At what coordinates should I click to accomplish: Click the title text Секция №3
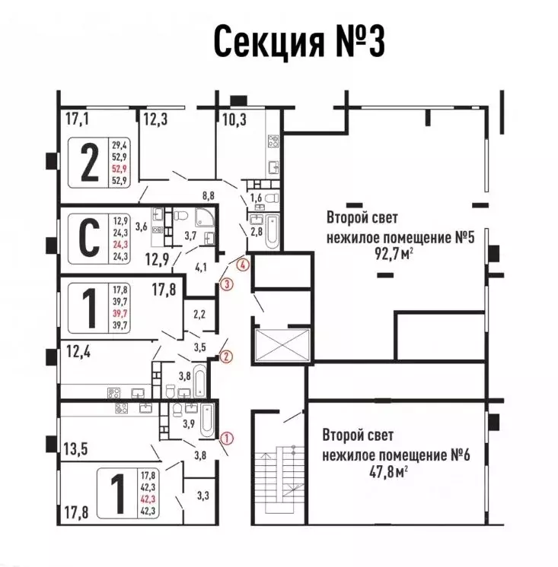298,42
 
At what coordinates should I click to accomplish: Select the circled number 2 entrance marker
225,355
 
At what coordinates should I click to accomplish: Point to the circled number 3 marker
225,284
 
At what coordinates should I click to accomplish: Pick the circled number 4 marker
242,265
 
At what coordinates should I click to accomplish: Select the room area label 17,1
77,119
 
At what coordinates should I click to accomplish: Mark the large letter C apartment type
89,238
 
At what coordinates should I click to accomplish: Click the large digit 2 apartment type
89,163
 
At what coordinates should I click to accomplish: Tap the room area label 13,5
76,448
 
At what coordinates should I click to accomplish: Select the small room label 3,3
202,496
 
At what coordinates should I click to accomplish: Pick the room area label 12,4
75,350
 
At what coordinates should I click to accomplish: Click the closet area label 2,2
199,313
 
